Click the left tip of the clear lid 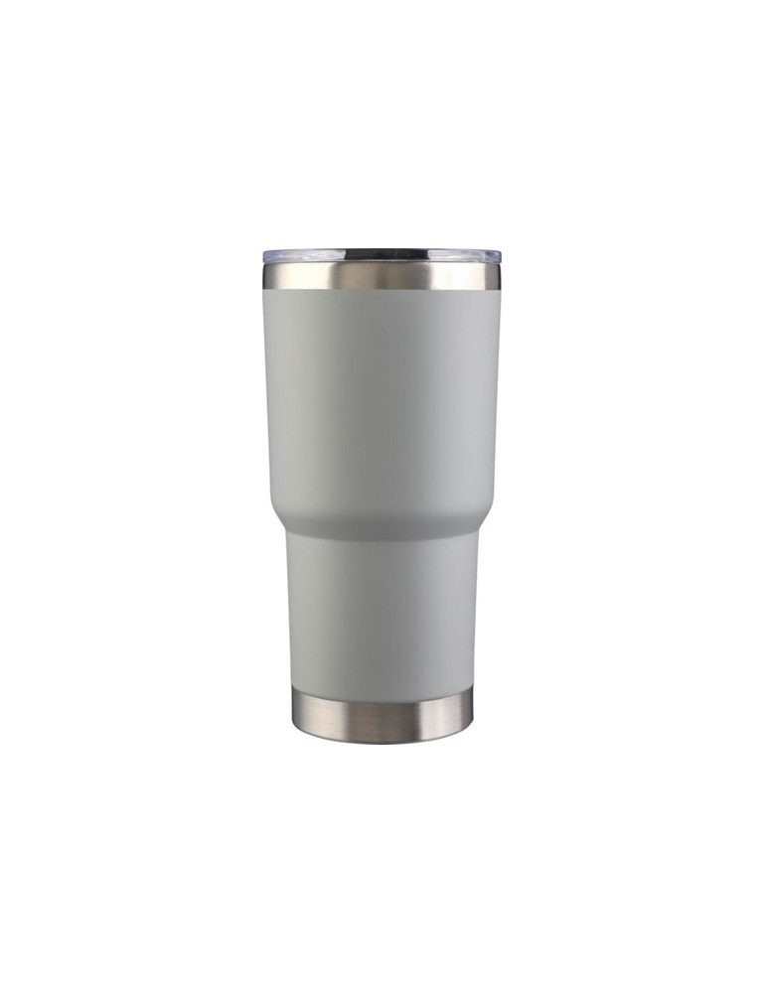tap(265, 256)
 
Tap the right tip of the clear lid tap(500, 256)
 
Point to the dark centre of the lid tap(383, 254)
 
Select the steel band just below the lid tap(383, 276)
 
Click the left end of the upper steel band tap(267, 277)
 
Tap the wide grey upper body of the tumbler tap(383, 397)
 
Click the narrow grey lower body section tap(383, 616)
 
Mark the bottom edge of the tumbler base tap(383, 742)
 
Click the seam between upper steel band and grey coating tap(383, 290)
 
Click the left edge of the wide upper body tap(266, 397)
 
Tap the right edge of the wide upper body tap(498, 397)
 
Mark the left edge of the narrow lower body tap(291, 616)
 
